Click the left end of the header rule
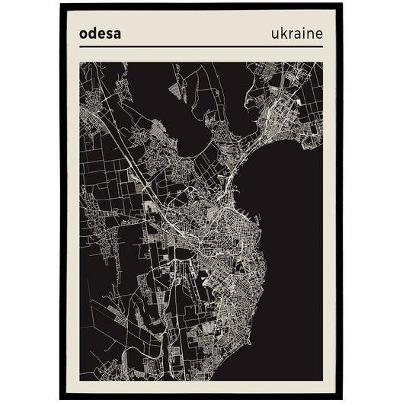point(80,46)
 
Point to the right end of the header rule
point(322,46)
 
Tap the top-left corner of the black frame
point(61,5)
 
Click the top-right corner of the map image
point(322,62)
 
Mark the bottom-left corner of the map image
point(80,380)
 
